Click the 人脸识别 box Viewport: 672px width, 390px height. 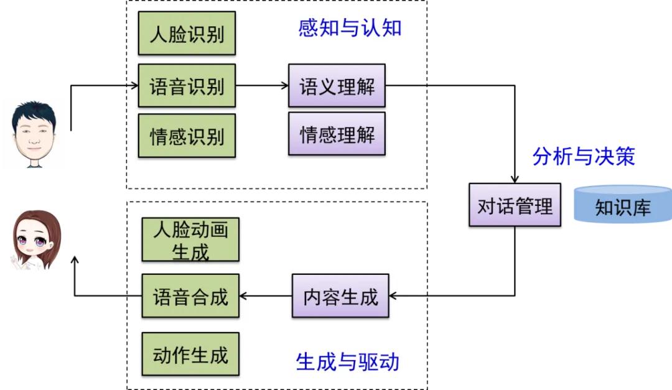coord(187,33)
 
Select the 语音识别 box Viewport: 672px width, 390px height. coord(187,86)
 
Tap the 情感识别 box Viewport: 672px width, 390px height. coord(187,135)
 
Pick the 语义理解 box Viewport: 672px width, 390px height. coord(337,86)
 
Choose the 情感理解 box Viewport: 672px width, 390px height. coord(337,133)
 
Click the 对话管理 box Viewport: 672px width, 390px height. coord(515,205)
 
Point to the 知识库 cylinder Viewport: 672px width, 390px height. coord(622,205)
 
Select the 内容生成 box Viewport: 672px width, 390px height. coord(340,296)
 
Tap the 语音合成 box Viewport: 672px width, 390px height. coord(190,296)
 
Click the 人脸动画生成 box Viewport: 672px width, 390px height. coord(190,239)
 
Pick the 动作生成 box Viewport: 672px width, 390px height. coord(190,355)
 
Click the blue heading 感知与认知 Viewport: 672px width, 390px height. coord(350,28)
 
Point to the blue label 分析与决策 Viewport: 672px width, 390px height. coord(584,156)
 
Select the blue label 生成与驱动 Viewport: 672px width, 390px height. coord(347,361)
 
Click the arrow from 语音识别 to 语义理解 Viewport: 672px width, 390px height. coord(262,86)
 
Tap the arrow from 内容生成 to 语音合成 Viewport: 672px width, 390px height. coord(266,296)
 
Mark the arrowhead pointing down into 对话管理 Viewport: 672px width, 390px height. coord(515,179)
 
